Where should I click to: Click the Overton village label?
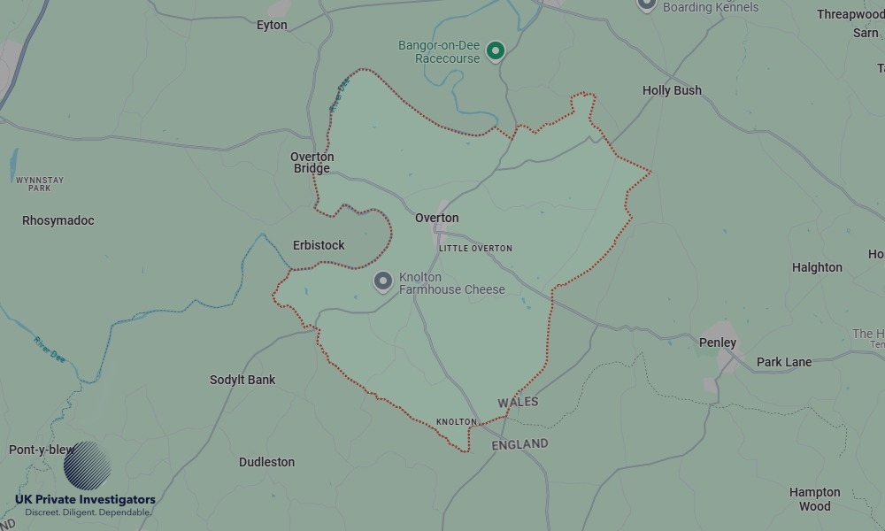[x=437, y=218]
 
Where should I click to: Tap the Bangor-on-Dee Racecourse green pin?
[x=496, y=51]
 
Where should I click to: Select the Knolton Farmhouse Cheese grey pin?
[x=383, y=281]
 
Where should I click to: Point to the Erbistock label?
[x=319, y=245]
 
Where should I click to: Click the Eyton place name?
[x=272, y=25]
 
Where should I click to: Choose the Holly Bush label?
[x=672, y=90]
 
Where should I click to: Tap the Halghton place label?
[x=817, y=267]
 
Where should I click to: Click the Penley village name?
[x=717, y=342]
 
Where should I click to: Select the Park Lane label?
[x=784, y=362]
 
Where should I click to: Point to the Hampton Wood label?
[x=815, y=499]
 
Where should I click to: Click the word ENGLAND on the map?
[x=519, y=444]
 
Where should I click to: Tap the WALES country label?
[x=518, y=402]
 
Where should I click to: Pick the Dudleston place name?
[x=266, y=462]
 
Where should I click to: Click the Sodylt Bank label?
[x=242, y=380]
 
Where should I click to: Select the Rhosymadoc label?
[x=58, y=220]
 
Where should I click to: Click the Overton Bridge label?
[x=312, y=163]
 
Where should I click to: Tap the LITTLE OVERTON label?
[x=475, y=249]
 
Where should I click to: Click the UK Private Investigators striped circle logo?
[x=88, y=466]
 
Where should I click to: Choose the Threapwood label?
[x=850, y=14]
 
